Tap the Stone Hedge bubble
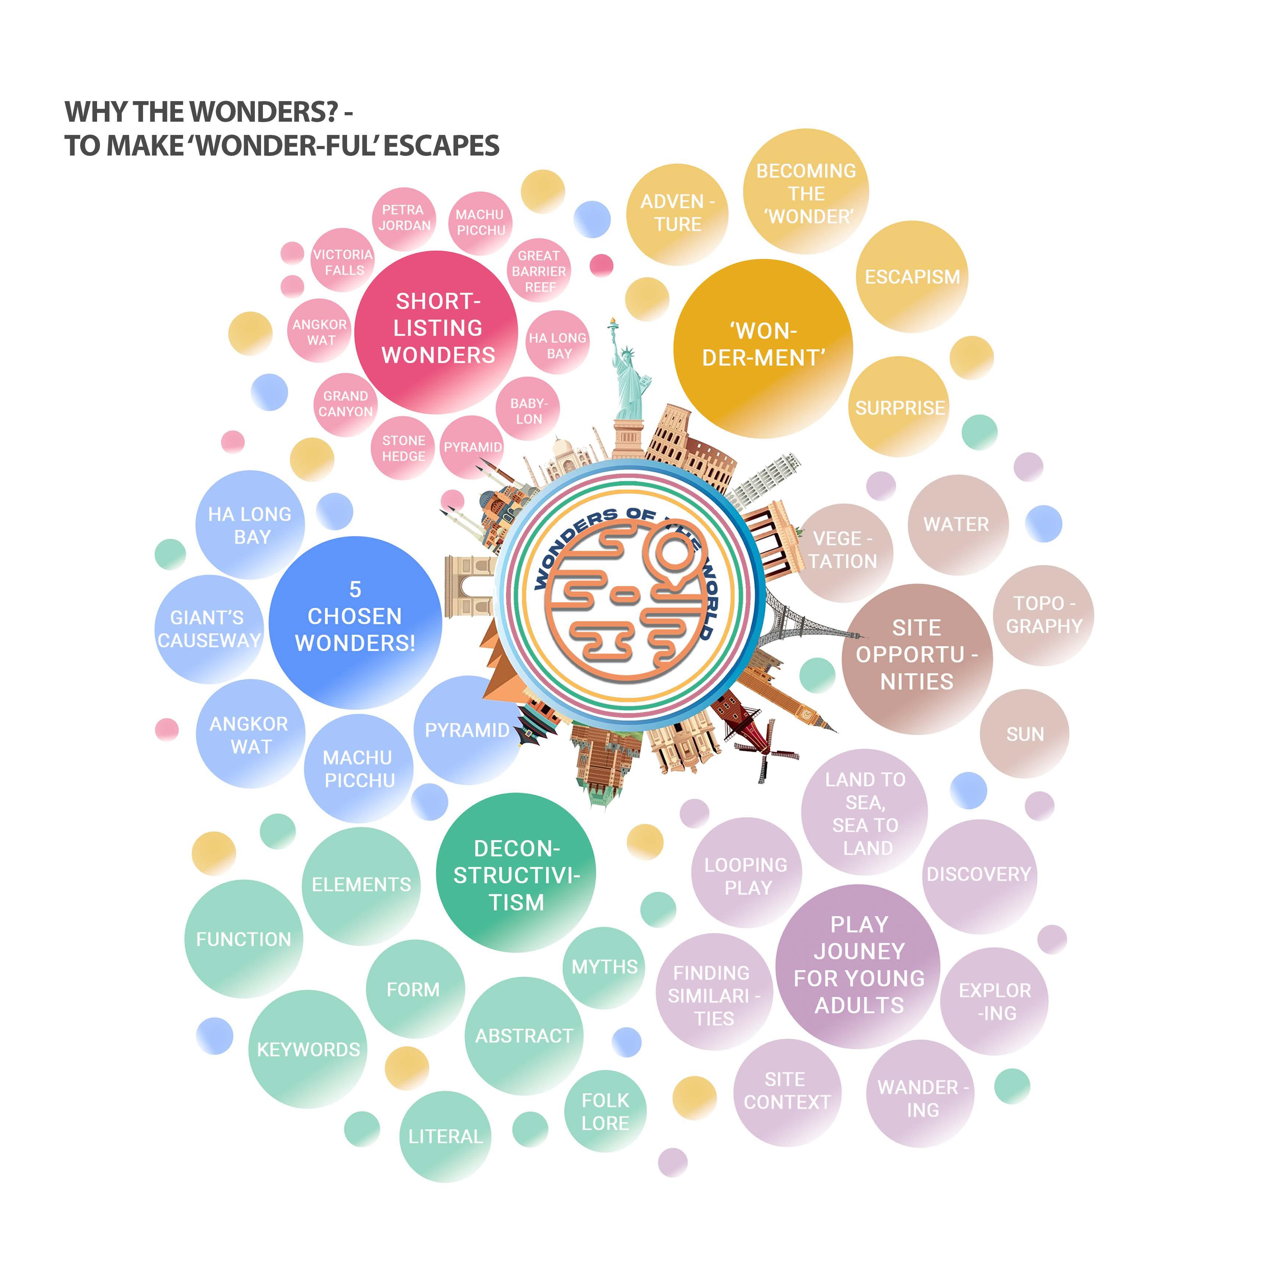point(403,448)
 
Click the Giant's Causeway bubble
point(209,629)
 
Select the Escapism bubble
point(912,276)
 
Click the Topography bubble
point(1043,615)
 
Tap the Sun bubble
point(1024,734)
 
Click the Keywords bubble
point(308,1049)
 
